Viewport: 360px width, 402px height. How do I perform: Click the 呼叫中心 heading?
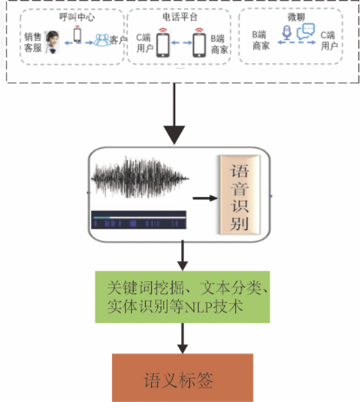coord(77,17)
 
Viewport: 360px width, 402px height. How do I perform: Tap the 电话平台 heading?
coord(180,17)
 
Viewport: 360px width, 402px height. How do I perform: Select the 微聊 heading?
coord(296,17)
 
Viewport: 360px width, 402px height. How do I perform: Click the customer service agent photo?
coord(53,42)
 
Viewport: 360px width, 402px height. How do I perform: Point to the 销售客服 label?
coord(33,42)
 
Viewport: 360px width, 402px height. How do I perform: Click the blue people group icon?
coord(102,40)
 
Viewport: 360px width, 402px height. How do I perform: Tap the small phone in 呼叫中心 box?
coord(78,34)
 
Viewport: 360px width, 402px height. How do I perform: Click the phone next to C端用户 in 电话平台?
coord(162,43)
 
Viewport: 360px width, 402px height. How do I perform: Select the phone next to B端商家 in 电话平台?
coord(199,43)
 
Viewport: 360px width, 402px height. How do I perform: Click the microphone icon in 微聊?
coord(287,32)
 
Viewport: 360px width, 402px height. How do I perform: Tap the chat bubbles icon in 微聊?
coord(305,32)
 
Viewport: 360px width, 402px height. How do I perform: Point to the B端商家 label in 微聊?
coord(261,40)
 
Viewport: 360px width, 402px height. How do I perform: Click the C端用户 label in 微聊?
coord(329,40)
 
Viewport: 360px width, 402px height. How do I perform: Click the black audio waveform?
coord(140,178)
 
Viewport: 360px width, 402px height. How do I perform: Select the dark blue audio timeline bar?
coord(139,220)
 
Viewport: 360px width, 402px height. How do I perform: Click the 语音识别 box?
coord(240,195)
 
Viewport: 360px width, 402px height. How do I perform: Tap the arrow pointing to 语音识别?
coord(205,198)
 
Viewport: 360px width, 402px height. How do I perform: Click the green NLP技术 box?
coord(183,297)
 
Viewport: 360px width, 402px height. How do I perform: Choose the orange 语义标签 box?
coord(183,378)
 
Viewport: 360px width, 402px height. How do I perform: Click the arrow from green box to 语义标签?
coord(183,339)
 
